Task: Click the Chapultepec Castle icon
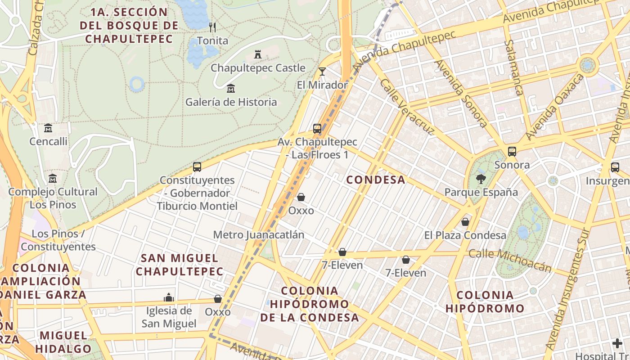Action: coord(258,54)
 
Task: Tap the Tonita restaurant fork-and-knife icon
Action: coord(212,27)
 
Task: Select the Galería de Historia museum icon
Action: coord(231,88)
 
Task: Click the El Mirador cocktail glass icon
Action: coord(322,71)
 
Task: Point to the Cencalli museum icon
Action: coord(48,128)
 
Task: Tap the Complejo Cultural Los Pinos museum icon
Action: coord(53,178)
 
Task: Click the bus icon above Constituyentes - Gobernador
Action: coord(197,167)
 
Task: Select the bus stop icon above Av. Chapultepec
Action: coord(317,129)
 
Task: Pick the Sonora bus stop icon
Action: coord(512,152)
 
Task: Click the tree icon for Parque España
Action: coord(481,179)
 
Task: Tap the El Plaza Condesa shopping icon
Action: coord(465,222)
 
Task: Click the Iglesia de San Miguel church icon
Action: coord(169,297)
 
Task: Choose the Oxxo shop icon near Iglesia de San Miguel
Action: coord(218,299)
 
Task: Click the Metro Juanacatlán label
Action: coord(258,235)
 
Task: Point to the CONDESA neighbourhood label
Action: coord(376,180)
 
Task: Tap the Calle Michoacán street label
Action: coord(510,260)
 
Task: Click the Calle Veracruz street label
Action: coord(407,107)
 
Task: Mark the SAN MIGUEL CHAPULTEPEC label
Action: coord(180,265)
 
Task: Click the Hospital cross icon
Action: coord(617,344)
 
